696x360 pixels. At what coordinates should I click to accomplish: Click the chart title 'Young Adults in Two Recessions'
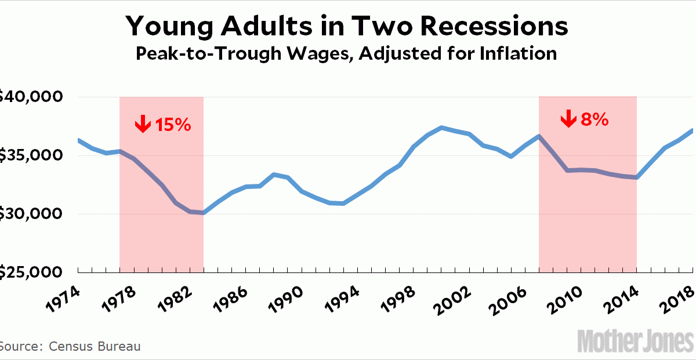pos(347,27)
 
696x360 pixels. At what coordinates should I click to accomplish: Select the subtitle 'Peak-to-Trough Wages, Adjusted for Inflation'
pos(346,54)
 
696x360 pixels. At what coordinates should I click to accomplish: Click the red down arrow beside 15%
pos(142,123)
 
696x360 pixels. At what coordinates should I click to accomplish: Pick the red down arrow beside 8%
pos(568,119)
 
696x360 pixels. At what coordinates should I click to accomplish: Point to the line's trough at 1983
pos(203,213)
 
